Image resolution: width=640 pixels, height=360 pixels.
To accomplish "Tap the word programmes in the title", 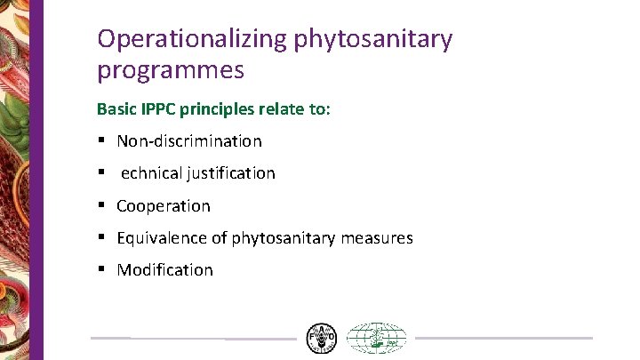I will point(171,69).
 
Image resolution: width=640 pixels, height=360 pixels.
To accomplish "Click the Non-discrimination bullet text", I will point(189,140).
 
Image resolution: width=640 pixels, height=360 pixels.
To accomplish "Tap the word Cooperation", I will point(164,205).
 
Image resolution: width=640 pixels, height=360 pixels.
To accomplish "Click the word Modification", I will point(165,269).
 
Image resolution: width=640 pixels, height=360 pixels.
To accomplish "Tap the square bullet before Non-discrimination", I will point(102,140).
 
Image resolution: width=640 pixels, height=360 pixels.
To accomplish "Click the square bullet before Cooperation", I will point(102,205).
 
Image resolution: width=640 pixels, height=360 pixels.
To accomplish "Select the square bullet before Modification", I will point(102,269).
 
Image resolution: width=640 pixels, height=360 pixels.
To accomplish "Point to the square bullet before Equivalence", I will point(102,237).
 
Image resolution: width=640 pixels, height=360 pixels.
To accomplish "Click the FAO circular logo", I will point(321,338).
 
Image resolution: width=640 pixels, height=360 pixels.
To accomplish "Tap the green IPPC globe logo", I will point(375,339).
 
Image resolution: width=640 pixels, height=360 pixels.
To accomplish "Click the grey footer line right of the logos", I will point(503,338).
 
